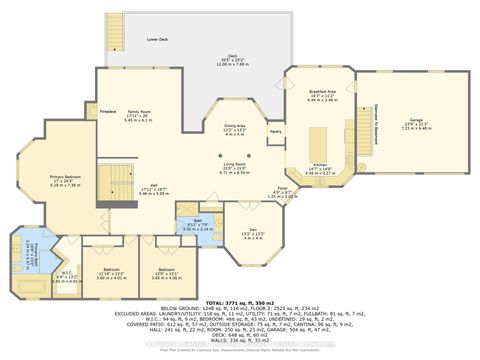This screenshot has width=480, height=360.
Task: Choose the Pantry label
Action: click(275, 131)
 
